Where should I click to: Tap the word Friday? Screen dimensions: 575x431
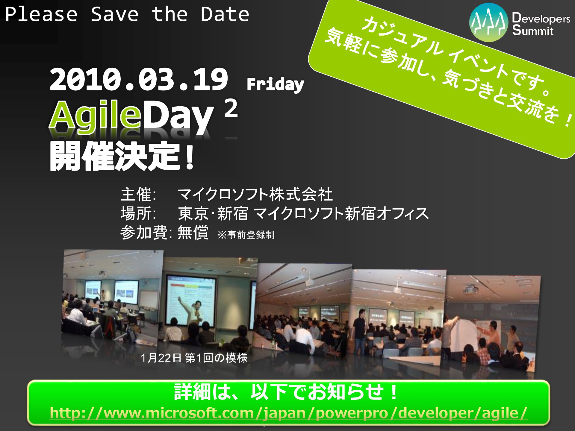coord(275,84)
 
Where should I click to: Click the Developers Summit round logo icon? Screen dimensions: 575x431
coord(489,22)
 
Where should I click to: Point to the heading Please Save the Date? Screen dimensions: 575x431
coord(127,14)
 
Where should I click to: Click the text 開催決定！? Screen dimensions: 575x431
coord(122,156)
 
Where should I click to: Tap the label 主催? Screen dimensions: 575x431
coord(138,195)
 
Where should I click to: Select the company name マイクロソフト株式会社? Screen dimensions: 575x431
coord(255,195)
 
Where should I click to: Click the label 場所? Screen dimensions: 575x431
coord(138,213)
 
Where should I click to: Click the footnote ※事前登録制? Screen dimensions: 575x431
coord(246,235)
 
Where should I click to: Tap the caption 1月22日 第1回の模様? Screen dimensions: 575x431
coord(194,358)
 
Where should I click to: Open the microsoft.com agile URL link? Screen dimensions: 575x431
coord(288,413)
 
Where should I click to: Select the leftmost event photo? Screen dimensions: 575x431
coord(113,298)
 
